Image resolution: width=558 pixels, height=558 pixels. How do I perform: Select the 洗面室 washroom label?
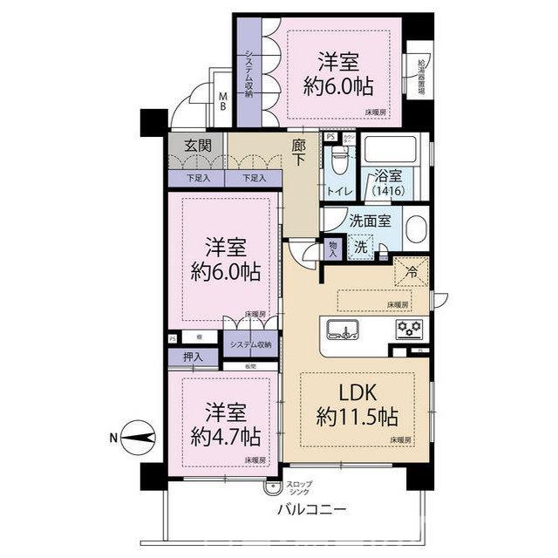(376, 221)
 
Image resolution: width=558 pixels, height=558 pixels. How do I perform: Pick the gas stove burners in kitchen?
(409, 330)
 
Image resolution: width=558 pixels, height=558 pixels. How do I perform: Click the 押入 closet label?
(194, 357)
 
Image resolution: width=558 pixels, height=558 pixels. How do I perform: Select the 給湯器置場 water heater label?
(422, 78)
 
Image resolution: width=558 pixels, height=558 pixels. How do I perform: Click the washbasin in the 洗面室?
(415, 230)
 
